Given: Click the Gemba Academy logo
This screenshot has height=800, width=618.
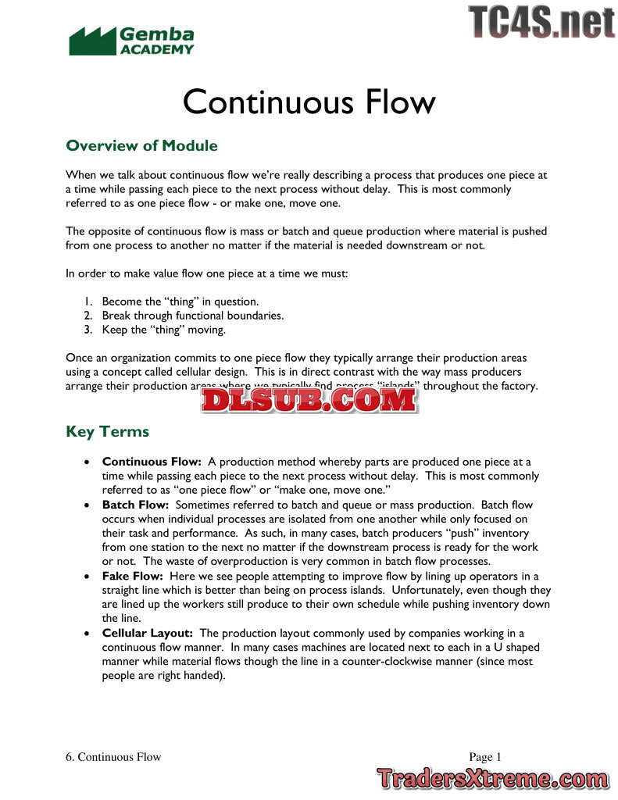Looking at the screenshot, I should click(131, 41).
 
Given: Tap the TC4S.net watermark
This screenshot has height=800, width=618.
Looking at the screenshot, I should click(541, 21).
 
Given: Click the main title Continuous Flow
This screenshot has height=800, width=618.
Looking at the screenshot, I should click(309, 102).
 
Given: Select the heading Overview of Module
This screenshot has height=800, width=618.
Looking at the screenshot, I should click(141, 145).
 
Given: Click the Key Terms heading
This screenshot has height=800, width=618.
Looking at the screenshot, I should click(107, 431).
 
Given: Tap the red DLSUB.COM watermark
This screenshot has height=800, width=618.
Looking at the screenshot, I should click(309, 400).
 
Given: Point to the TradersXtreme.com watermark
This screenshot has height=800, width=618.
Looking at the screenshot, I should click(491, 778).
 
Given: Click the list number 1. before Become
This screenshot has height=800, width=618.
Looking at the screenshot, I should click(89, 302).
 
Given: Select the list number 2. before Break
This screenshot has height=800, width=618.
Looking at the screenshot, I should click(89, 316).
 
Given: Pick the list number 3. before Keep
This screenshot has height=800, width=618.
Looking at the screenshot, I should click(89, 330).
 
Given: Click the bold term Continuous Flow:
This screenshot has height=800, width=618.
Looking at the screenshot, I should click(152, 462).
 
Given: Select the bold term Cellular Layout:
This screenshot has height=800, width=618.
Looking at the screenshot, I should click(148, 633).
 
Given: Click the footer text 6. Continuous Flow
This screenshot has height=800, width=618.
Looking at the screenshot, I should click(113, 756).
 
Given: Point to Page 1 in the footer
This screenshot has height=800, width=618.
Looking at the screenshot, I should click(485, 756).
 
